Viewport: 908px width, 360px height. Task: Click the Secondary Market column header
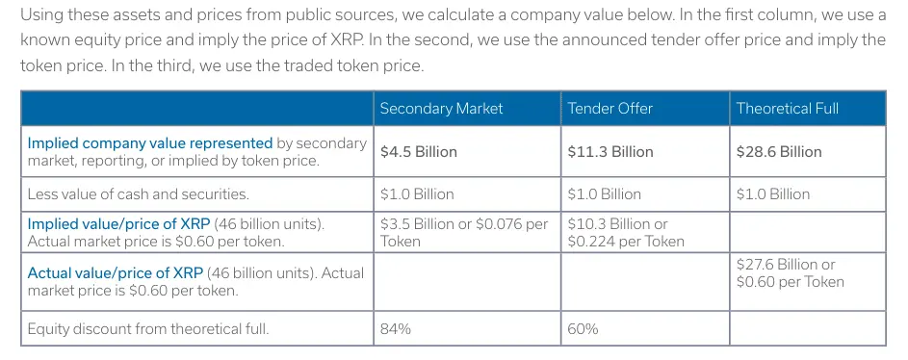tap(441, 108)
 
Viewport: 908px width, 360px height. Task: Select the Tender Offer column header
tap(610, 108)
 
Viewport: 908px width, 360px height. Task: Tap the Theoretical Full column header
tap(787, 108)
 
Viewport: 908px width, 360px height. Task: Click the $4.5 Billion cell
tap(418, 151)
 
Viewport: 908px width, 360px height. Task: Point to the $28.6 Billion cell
tap(779, 151)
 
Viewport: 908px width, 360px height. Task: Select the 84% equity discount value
tap(396, 328)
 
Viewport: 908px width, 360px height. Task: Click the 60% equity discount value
tap(583, 328)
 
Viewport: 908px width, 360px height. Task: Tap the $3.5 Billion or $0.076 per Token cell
tap(463, 232)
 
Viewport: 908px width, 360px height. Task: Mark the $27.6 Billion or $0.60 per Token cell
tap(790, 272)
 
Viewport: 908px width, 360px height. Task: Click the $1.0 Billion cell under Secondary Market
tap(416, 193)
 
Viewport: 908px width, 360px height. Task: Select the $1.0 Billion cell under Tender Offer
tap(604, 193)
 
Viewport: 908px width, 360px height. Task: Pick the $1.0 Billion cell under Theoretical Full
tap(773, 193)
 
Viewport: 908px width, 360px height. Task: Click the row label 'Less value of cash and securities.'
tap(138, 193)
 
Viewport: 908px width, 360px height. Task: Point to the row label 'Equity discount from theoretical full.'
tap(147, 328)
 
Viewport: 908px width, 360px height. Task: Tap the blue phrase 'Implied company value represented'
tap(150, 142)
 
